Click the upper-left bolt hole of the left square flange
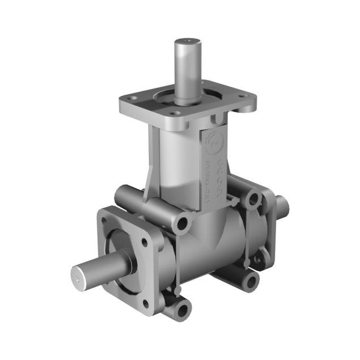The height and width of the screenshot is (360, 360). [105, 218]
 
